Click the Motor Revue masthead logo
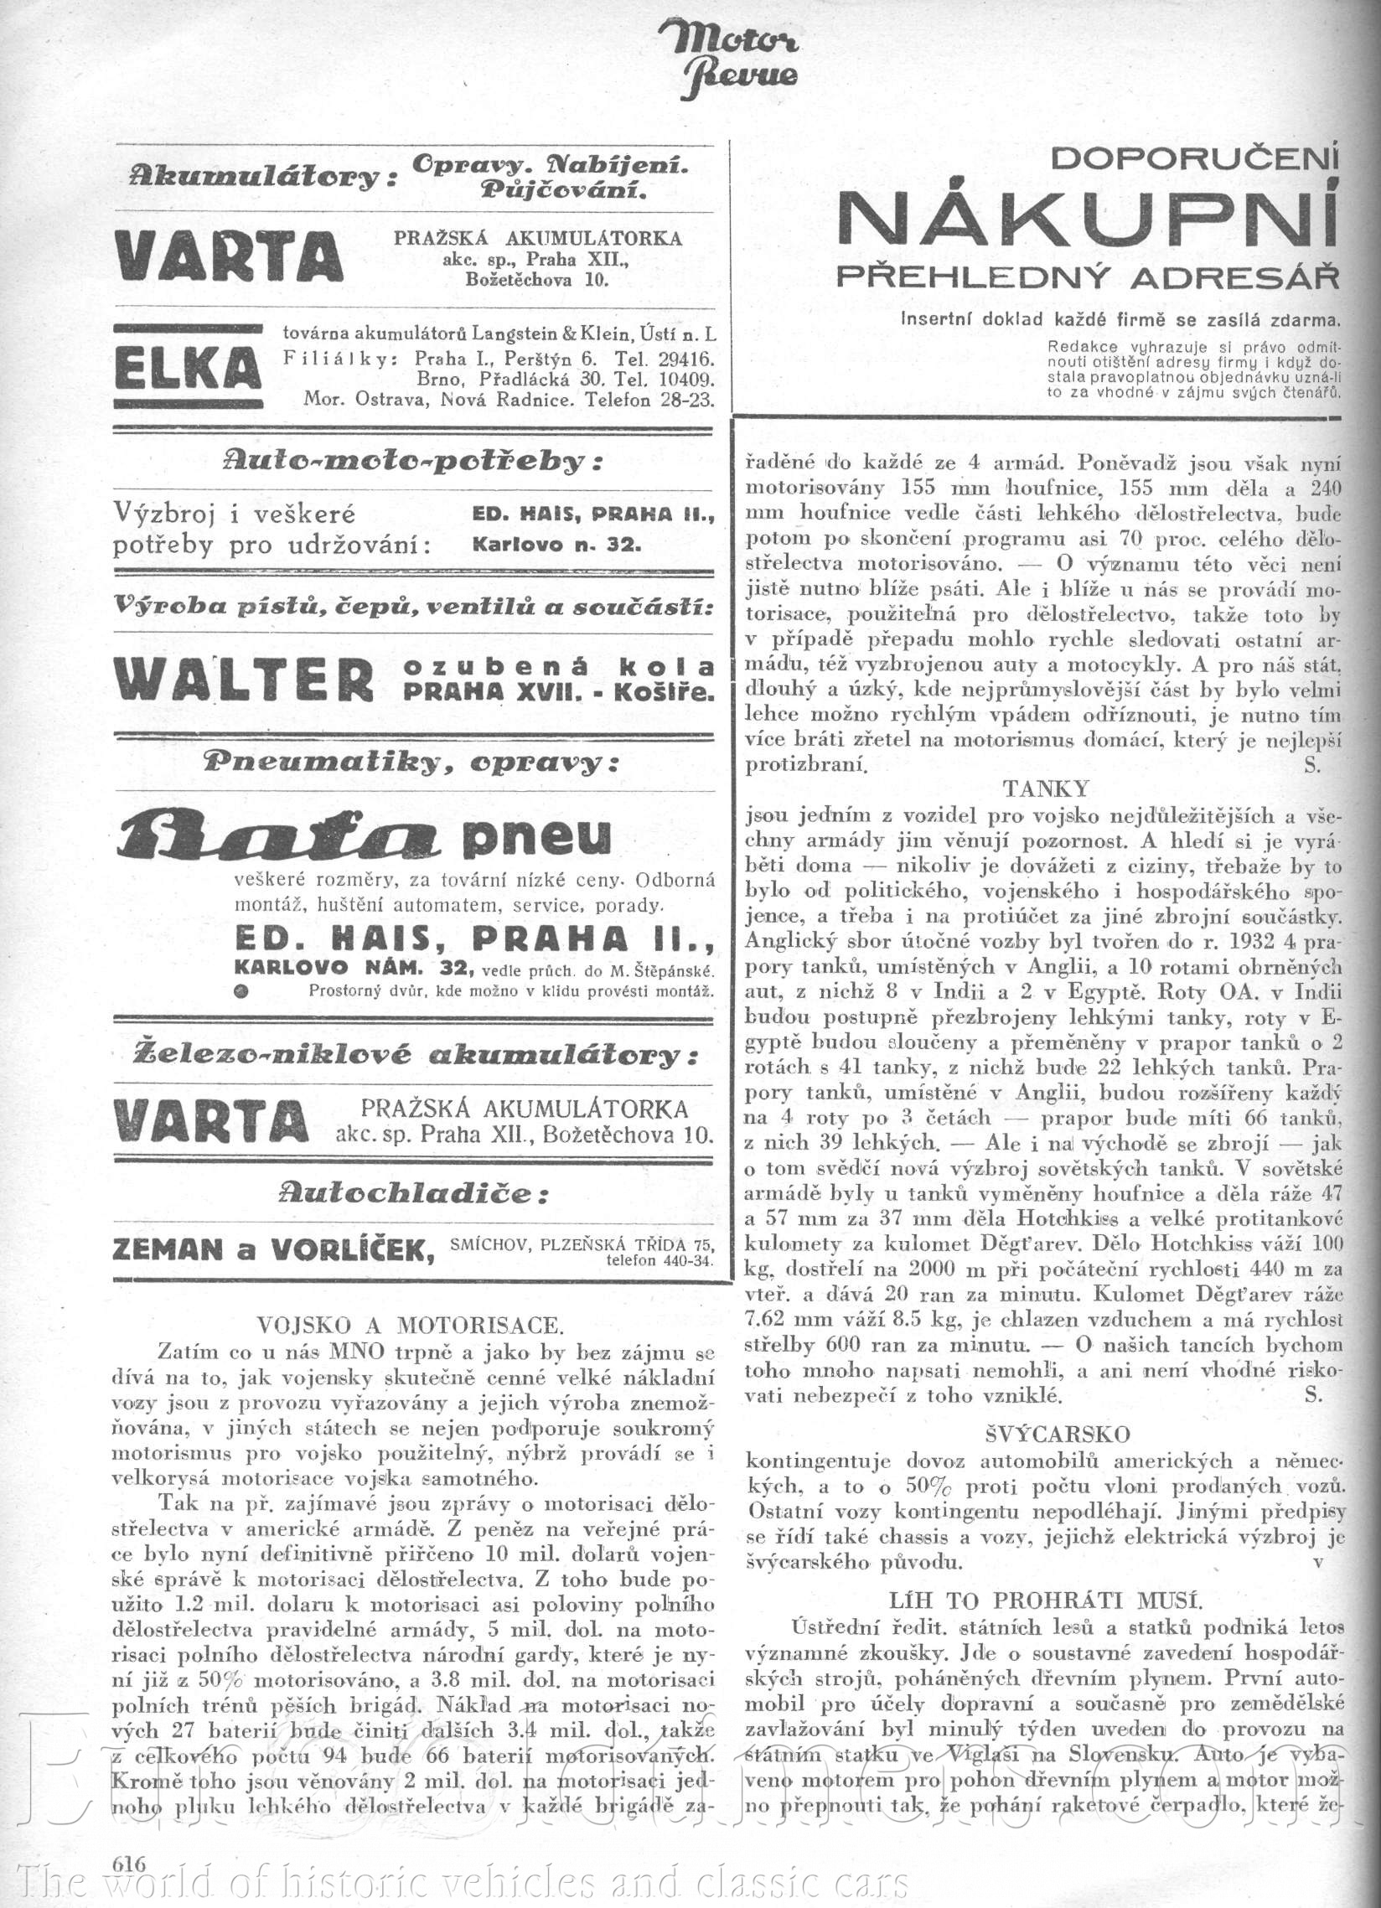pyautogui.click(x=730, y=58)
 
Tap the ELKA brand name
pyautogui.click(x=186, y=369)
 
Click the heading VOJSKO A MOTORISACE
pyautogui.click(x=410, y=1326)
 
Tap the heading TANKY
pyautogui.click(x=1046, y=789)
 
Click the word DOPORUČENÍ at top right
pyautogui.click(x=1194, y=158)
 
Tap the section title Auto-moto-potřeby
pyautogui.click(x=413, y=461)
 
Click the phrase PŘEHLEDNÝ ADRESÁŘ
pyautogui.click(x=1088, y=277)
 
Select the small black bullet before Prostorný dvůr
pyautogui.click(x=241, y=991)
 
